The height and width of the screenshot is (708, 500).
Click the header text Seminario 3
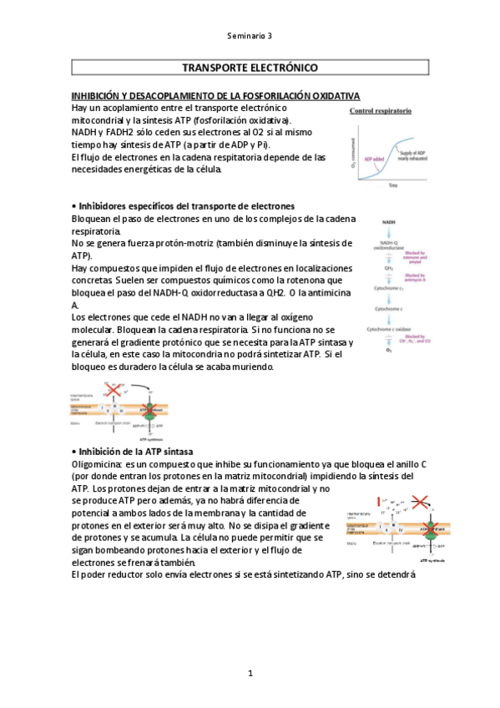[x=250, y=36]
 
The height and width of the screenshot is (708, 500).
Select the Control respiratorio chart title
[x=380, y=111]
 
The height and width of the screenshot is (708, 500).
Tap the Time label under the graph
[x=392, y=186]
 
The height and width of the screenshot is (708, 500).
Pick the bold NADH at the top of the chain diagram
[x=388, y=222]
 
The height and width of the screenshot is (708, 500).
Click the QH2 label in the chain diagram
[x=388, y=269]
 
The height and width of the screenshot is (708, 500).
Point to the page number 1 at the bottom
[x=250, y=673]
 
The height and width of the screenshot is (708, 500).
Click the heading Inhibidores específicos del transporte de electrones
[x=183, y=206]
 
